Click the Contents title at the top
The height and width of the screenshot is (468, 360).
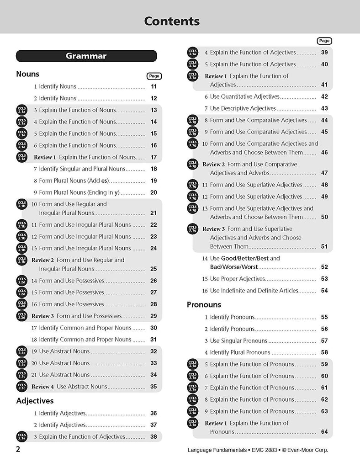[172, 21]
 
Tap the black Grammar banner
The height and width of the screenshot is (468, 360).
[86, 56]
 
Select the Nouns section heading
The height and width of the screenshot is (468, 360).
[28, 74]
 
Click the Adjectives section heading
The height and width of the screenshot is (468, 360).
[35, 401]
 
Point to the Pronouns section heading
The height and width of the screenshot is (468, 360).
[204, 304]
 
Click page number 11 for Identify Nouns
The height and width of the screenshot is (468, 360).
[154, 86]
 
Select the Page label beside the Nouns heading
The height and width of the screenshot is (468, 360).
[154, 76]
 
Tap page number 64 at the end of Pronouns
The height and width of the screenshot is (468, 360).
[324, 432]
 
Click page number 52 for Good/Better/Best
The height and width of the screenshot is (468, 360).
[324, 267]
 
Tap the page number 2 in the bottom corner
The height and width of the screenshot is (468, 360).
[18, 449]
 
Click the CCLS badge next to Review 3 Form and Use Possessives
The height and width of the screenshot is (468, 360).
[21, 316]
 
